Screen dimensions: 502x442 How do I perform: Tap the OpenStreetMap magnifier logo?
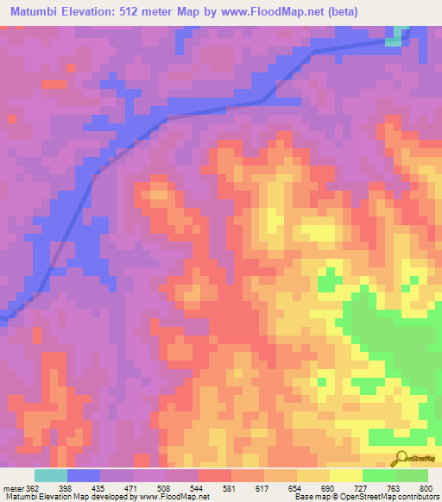click(402, 458)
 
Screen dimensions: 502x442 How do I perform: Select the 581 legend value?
click(230, 488)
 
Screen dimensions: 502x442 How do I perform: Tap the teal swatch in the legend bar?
click(51, 475)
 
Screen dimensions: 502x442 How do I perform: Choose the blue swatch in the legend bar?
click(84, 475)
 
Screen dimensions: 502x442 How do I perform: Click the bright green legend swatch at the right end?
click(412, 475)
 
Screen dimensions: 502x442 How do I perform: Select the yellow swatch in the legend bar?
click(345, 475)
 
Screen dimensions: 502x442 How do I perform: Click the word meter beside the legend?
click(13, 488)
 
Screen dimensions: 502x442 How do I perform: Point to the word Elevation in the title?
click(92, 11)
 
